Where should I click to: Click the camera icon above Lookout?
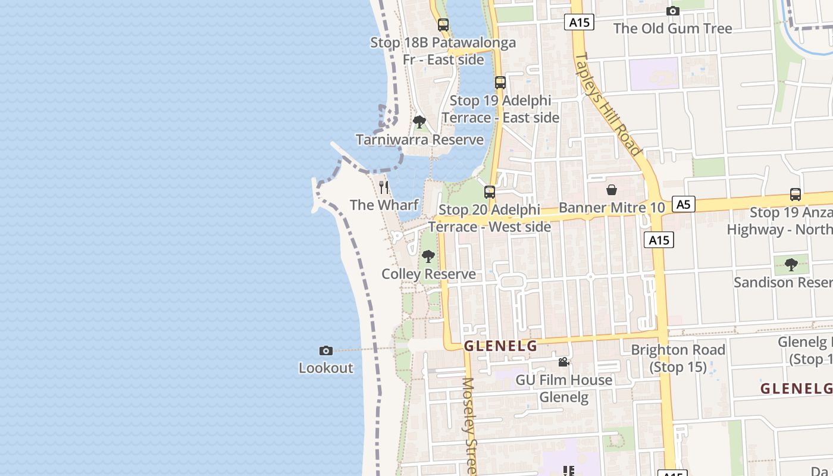point(325,350)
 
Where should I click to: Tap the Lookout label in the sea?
point(325,368)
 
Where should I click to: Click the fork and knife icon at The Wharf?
point(384,187)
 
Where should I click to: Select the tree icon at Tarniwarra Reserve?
point(419,122)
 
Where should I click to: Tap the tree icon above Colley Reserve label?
point(428,256)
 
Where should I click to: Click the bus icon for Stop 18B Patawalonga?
point(443,24)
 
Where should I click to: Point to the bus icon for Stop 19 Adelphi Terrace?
point(500,83)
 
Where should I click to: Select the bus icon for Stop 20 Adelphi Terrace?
point(490,192)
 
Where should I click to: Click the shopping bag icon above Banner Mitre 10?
point(611,190)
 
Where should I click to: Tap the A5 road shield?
point(684,205)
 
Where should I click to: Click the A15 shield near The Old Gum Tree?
point(579,23)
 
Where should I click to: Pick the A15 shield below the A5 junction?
point(659,240)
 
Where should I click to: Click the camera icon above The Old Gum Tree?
point(673,11)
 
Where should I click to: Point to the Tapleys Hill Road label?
point(607,104)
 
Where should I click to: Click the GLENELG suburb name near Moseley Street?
point(500,346)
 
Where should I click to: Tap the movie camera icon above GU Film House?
point(563,362)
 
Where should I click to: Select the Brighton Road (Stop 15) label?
point(678,358)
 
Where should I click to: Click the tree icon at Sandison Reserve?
point(791,264)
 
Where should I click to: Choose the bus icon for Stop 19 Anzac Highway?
point(796,194)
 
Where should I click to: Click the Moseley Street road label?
point(470,425)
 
